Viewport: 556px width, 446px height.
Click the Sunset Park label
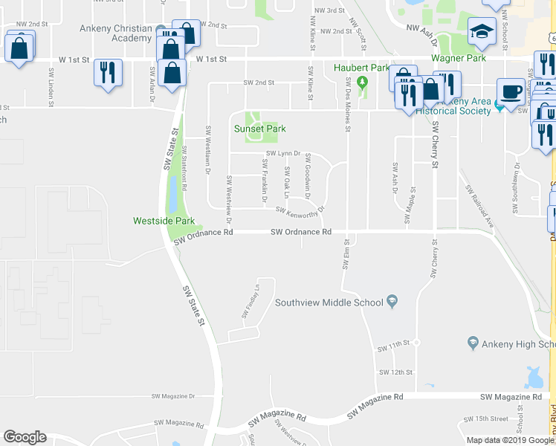260,129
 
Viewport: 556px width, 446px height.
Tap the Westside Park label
164,221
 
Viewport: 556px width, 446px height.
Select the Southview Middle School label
329,302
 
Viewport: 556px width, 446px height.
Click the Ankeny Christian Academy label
115,29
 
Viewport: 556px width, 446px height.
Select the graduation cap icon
481,31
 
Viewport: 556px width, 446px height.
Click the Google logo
25,436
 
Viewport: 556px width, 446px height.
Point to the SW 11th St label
393,347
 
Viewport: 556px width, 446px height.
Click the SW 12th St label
395,372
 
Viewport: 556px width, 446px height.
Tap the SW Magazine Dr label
172,397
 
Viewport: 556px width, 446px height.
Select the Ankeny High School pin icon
473,343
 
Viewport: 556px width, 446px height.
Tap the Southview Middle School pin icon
392,302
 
